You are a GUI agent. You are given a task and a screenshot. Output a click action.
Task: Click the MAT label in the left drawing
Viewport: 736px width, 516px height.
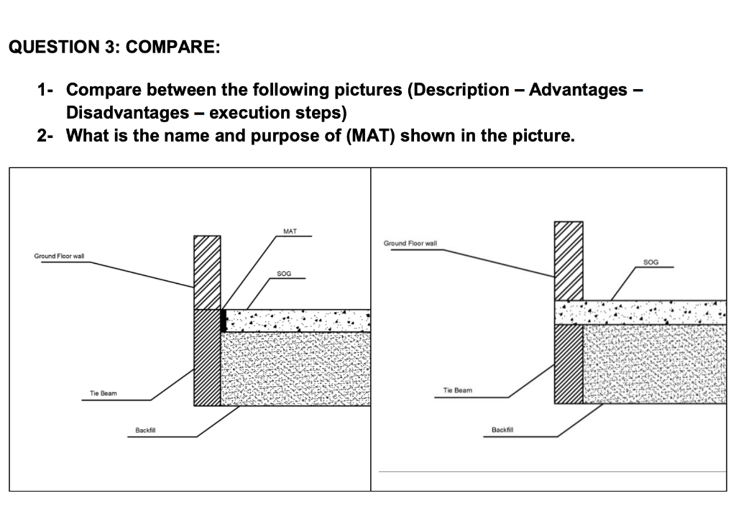point(290,231)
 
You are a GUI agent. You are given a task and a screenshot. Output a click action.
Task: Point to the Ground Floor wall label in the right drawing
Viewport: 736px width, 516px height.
point(410,244)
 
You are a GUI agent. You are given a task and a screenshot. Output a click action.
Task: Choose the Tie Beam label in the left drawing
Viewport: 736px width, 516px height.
point(103,393)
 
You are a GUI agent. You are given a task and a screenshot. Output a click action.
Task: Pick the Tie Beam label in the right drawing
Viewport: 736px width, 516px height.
point(458,390)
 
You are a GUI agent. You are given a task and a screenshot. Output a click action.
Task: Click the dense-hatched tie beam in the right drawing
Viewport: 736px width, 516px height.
point(569,363)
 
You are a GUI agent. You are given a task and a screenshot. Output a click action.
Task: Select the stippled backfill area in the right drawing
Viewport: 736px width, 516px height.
point(654,364)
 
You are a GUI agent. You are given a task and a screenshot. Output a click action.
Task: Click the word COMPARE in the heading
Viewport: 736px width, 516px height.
point(169,48)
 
